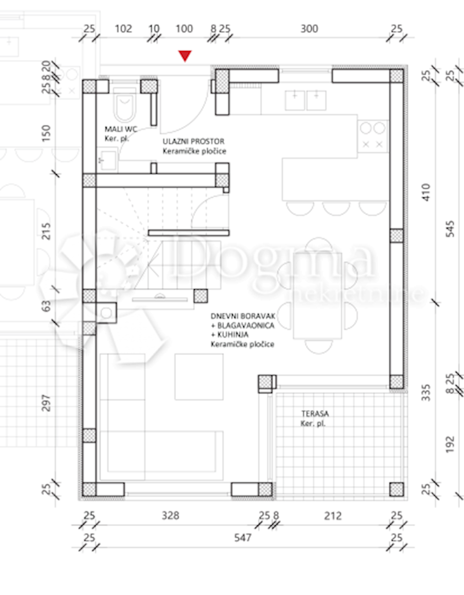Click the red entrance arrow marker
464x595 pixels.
[185, 56]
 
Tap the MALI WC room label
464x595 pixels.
[121, 129]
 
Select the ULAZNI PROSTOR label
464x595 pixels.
[193, 141]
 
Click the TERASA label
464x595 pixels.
[315, 414]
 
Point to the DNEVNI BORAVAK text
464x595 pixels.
[243, 316]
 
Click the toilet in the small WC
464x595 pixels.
[124, 105]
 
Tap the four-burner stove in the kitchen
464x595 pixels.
[373, 136]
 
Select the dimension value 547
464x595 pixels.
[242, 538]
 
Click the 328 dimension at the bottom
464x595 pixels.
[170, 516]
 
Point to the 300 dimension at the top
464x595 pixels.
[309, 29]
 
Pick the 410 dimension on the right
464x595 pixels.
[426, 192]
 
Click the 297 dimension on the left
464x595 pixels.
[46, 403]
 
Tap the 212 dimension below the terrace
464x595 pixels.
[333, 516]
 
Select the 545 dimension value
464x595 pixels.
[450, 229]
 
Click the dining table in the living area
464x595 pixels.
[318, 296]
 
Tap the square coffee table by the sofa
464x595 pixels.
[199, 376]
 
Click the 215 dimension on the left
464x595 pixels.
[46, 232]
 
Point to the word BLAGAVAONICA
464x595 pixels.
[246, 325]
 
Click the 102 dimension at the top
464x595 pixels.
[123, 29]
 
